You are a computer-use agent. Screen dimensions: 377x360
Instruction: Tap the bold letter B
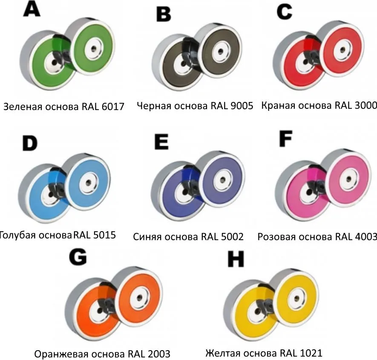click(x=164, y=14)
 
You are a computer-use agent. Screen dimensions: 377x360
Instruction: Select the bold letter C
click(x=284, y=12)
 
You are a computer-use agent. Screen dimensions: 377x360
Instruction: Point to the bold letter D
click(x=30, y=143)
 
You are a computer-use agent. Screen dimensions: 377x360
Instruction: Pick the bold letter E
click(x=161, y=142)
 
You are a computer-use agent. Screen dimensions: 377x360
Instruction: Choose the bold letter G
click(x=78, y=258)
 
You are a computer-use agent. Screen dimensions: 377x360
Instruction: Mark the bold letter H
click(x=236, y=259)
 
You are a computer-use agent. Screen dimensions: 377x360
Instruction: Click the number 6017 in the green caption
click(x=113, y=107)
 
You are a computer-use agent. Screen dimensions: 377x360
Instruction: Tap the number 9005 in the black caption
click(x=242, y=105)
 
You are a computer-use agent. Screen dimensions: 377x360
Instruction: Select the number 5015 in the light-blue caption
click(x=105, y=235)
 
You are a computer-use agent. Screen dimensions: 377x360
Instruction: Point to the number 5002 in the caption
click(x=232, y=236)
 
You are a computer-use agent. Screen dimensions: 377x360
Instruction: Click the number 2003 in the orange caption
click(x=159, y=354)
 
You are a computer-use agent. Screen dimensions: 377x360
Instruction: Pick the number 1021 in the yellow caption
click(x=311, y=353)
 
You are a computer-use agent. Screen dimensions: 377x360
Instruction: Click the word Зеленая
click(x=23, y=107)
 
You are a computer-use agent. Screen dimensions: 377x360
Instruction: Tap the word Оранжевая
click(x=61, y=354)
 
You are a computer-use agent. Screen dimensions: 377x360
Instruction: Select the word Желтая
click(x=223, y=353)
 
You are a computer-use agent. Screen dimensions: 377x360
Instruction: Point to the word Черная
click(x=154, y=106)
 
